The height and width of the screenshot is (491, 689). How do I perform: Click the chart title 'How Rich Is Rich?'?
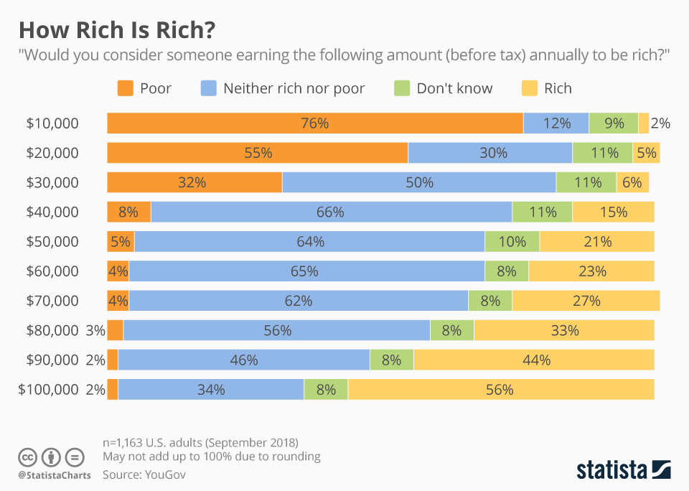click(x=117, y=30)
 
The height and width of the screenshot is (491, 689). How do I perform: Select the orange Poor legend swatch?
click(x=125, y=88)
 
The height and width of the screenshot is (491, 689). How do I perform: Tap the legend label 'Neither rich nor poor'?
click(x=294, y=88)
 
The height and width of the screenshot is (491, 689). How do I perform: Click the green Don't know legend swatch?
click(x=401, y=88)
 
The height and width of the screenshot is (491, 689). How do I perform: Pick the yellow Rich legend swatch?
click(x=529, y=88)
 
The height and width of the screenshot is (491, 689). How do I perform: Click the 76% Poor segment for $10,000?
click(x=314, y=123)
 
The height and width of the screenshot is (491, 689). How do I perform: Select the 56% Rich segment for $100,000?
click(x=500, y=390)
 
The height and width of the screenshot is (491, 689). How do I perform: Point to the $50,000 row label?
click(x=52, y=242)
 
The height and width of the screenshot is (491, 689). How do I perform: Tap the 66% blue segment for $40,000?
click(x=331, y=212)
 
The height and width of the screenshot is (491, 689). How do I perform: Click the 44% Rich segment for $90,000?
click(x=534, y=360)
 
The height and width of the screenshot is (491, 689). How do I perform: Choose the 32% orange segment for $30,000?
click(x=194, y=182)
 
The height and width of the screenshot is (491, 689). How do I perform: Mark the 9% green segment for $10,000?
click(x=614, y=123)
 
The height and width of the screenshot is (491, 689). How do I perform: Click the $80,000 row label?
click(x=52, y=331)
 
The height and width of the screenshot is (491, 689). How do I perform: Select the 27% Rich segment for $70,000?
click(x=586, y=301)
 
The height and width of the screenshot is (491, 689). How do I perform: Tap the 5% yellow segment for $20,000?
click(x=646, y=153)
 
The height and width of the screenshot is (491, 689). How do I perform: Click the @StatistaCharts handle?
click(x=55, y=475)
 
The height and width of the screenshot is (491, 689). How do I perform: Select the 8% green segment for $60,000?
click(x=507, y=271)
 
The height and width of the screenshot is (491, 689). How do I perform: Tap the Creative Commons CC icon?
click(x=27, y=457)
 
